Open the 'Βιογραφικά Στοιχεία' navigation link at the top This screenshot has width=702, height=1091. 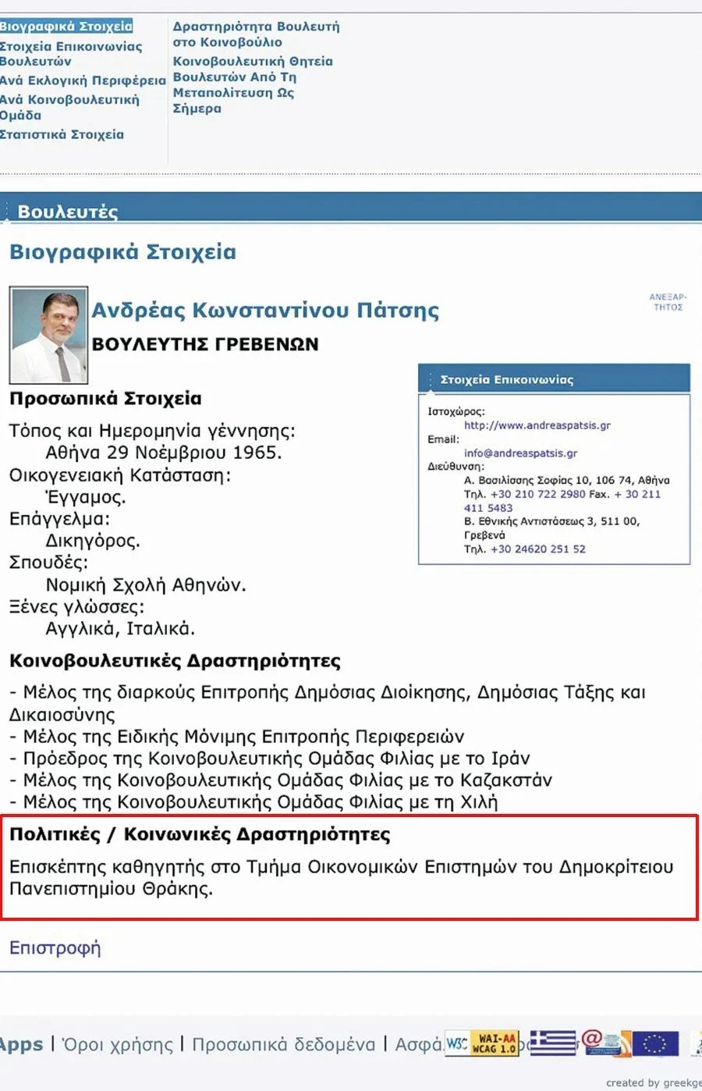point(66,27)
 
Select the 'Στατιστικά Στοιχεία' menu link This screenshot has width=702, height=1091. point(62,134)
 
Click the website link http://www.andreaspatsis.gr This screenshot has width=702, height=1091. point(537,425)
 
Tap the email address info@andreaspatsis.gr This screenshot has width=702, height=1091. point(520,453)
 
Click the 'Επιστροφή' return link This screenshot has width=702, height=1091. point(55,947)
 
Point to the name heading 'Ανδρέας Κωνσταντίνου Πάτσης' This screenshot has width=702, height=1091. point(265,310)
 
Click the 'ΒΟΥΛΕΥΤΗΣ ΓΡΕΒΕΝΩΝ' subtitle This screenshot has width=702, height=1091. point(205,344)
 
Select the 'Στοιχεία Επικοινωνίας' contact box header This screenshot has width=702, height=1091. point(507,380)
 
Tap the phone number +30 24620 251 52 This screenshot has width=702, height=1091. point(537,549)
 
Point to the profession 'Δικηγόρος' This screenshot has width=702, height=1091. point(92,541)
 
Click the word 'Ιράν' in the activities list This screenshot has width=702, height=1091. point(510,758)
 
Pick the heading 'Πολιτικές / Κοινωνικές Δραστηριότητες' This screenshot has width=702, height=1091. point(200,834)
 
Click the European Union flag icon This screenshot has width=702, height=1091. point(655,1043)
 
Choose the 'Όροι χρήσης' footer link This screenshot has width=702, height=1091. point(117,1044)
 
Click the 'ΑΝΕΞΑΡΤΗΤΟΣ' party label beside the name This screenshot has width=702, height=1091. point(668,302)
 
